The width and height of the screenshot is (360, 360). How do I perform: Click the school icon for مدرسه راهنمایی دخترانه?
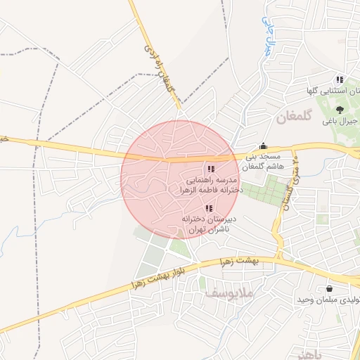pyautogui.click(x=210, y=169)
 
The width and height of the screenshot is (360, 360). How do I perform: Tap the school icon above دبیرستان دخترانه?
pyautogui.click(x=208, y=208)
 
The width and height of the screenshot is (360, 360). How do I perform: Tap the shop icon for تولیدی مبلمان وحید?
pyautogui.click(x=329, y=288)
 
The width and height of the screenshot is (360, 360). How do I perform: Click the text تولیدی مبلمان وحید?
pyautogui.click(x=330, y=300)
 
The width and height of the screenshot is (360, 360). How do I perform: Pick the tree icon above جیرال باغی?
pyautogui.click(x=340, y=109)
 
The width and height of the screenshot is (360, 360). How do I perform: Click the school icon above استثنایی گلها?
pyautogui.click(x=340, y=79)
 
